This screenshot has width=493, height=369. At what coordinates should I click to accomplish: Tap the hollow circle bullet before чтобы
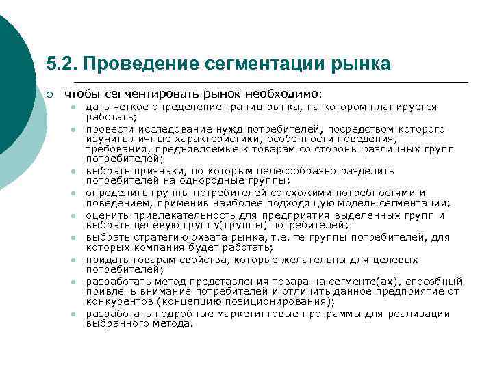click(x=51, y=94)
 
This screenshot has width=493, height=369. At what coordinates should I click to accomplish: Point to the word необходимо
click(x=289, y=94)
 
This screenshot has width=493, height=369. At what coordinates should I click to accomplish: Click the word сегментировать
click(x=140, y=94)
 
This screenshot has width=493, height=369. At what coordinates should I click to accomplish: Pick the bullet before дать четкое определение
click(x=71, y=108)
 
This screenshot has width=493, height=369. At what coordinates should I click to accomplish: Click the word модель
click(x=359, y=203)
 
